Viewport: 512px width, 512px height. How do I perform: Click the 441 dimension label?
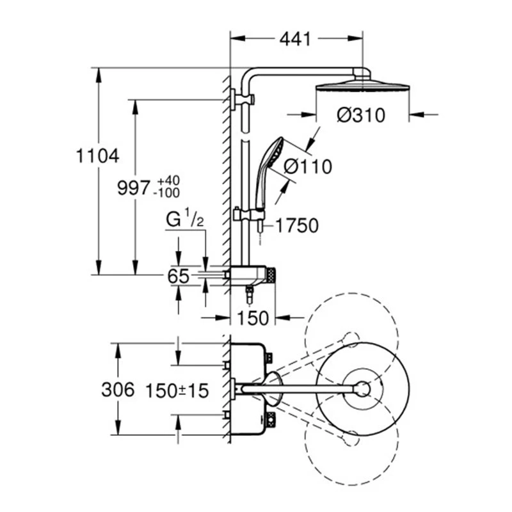pyautogui.click(x=295, y=39)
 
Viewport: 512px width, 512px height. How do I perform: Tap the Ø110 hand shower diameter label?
pyautogui.click(x=308, y=167)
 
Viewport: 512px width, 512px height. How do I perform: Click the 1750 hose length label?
pyautogui.click(x=298, y=225)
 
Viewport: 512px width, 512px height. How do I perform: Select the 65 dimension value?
pyautogui.click(x=179, y=276)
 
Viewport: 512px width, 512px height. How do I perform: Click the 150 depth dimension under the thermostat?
pyautogui.click(x=251, y=317)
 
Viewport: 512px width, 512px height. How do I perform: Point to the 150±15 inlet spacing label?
pyautogui.click(x=177, y=390)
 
